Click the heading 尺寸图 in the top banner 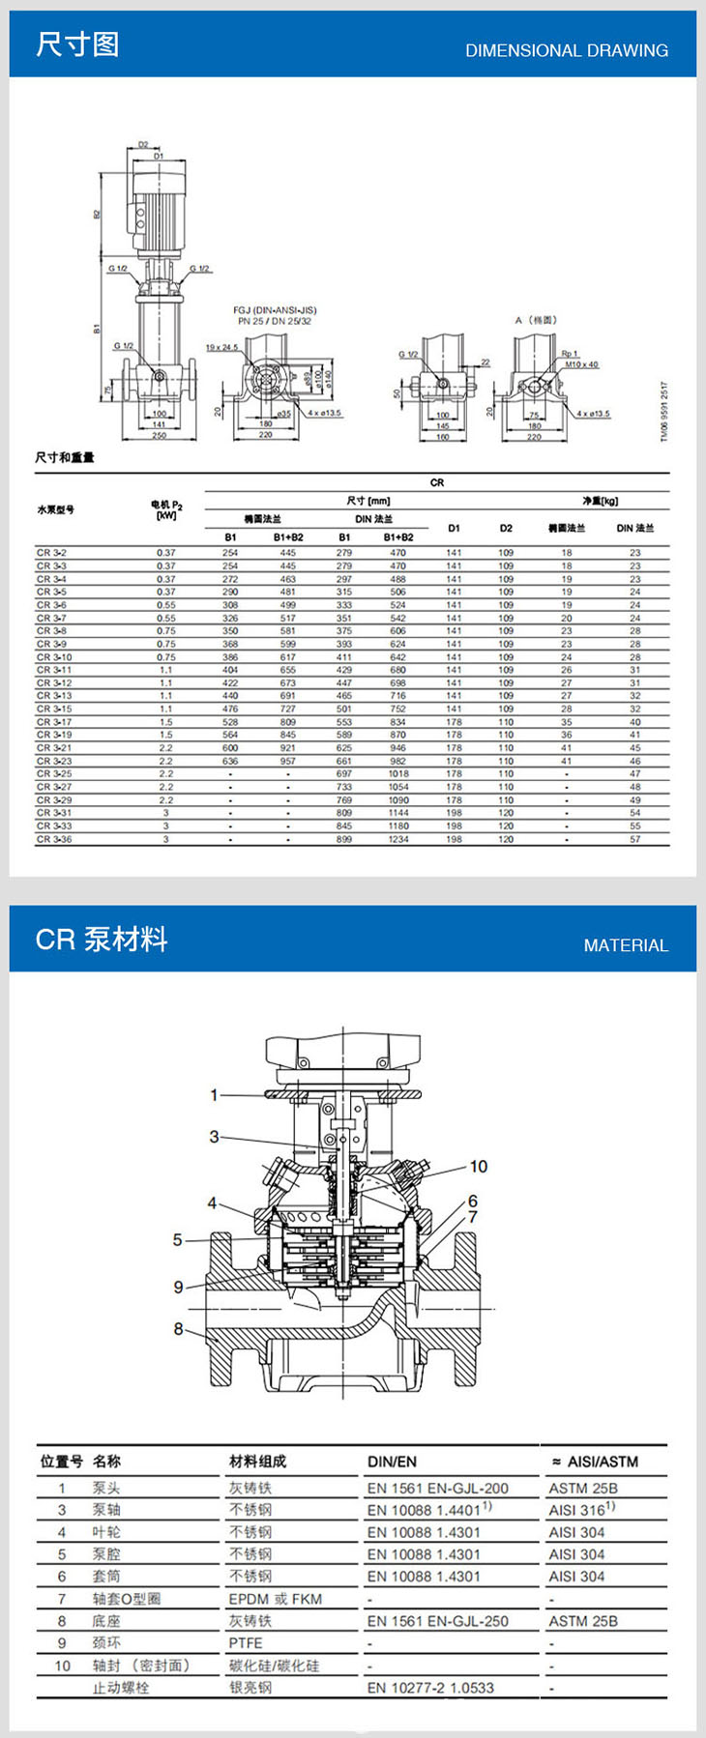[x=77, y=43]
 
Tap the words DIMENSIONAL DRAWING [x=567, y=50]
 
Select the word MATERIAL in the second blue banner [x=626, y=945]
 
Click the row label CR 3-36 [x=54, y=839]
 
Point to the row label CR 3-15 [x=54, y=709]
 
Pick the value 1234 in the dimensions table [x=398, y=839]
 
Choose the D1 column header [x=454, y=528]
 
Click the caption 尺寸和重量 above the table [x=65, y=457]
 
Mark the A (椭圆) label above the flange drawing [x=536, y=320]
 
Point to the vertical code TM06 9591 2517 [x=664, y=411]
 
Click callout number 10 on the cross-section [x=479, y=1167]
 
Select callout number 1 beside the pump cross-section [x=215, y=1095]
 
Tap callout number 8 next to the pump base [x=178, y=1329]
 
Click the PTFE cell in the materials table [x=246, y=1642]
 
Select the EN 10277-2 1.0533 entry [x=430, y=1688]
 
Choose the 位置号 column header [x=61, y=1462]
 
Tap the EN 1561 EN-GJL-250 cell [x=437, y=1621]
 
